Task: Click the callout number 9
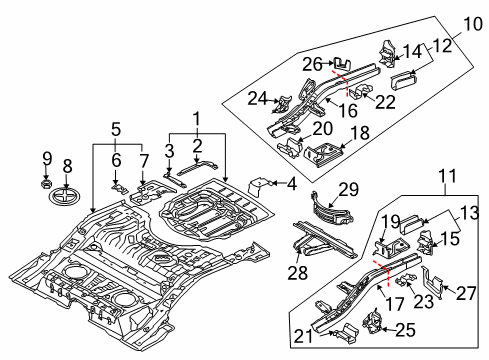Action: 47,159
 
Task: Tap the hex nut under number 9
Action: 46,183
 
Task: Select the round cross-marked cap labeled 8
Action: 66,196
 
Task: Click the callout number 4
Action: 291,184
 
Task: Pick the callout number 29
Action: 349,189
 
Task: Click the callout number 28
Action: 298,273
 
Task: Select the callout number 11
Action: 447,176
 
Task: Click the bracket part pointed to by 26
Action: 342,64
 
